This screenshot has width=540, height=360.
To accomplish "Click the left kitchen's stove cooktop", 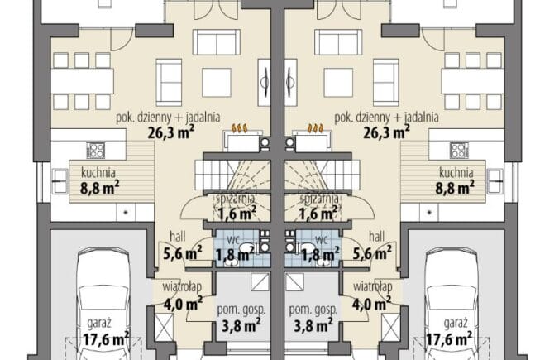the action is pyautogui.click(x=95, y=151).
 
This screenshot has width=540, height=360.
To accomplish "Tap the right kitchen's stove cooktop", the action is pyautogui.click(x=460, y=151).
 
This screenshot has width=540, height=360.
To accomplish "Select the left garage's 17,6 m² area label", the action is pyautogui.click(x=106, y=339).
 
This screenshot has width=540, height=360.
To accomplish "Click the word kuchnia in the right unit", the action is pyautogui.click(x=456, y=172).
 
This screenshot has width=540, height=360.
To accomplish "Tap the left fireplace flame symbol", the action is pyautogui.click(x=239, y=128).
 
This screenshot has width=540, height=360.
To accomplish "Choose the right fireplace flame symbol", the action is pyautogui.click(x=315, y=128).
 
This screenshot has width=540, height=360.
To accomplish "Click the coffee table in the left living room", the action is pyautogui.click(x=217, y=83).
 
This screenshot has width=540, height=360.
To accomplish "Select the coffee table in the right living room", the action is pyautogui.click(x=338, y=83).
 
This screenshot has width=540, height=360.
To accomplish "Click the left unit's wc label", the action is pyautogui.click(x=233, y=239).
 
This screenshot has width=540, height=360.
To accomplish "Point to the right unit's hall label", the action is pyautogui.click(x=376, y=237).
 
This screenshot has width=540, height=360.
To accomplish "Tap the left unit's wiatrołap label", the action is pyautogui.click(x=182, y=286).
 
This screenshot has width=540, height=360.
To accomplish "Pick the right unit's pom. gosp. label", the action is pyautogui.click(x=313, y=310).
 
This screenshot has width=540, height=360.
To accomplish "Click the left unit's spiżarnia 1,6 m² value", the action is pyautogui.click(x=237, y=214).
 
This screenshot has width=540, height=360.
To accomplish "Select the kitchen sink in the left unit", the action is pyautogui.click(x=60, y=181).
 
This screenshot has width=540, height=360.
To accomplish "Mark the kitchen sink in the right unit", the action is pyautogui.click(x=495, y=181).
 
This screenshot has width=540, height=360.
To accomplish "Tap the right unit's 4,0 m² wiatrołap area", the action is pyautogui.click(x=371, y=305).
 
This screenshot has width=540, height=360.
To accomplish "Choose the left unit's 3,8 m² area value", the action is pyautogui.click(x=241, y=325).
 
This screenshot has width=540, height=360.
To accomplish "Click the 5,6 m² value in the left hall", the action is pyautogui.click(x=183, y=254).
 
